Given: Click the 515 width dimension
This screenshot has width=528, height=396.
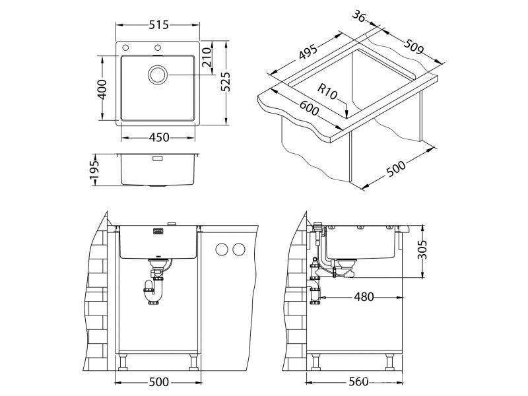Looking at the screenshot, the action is click(x=158, y=25).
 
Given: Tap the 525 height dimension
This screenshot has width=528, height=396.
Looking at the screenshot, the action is click(x=225, y=82).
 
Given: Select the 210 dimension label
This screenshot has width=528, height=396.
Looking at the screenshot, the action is click(x=207, y=57).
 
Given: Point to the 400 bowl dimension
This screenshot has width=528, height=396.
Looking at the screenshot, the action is click(x=102, y=89).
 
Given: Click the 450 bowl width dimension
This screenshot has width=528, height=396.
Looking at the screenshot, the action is click(x=159, y=137).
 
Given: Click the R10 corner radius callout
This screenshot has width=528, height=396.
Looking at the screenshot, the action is click(x=327, y=92).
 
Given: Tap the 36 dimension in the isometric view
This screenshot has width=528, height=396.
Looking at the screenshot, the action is click(x=359, y=16).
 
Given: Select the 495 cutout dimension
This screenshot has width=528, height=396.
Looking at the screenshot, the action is click(x=308, y=51).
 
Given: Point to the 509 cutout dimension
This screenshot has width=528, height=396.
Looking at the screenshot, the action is click(x=414, y=46).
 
